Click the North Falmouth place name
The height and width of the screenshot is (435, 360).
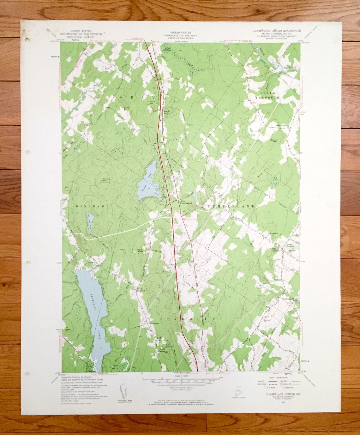[141, 290]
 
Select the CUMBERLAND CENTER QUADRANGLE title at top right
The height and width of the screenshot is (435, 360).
[276, 31]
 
